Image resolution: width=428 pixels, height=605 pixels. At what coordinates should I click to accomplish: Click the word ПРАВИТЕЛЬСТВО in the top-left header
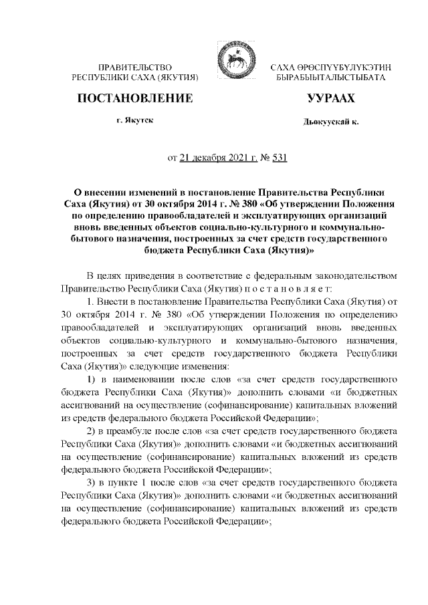pyautogui.click(x=136, y=69)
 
